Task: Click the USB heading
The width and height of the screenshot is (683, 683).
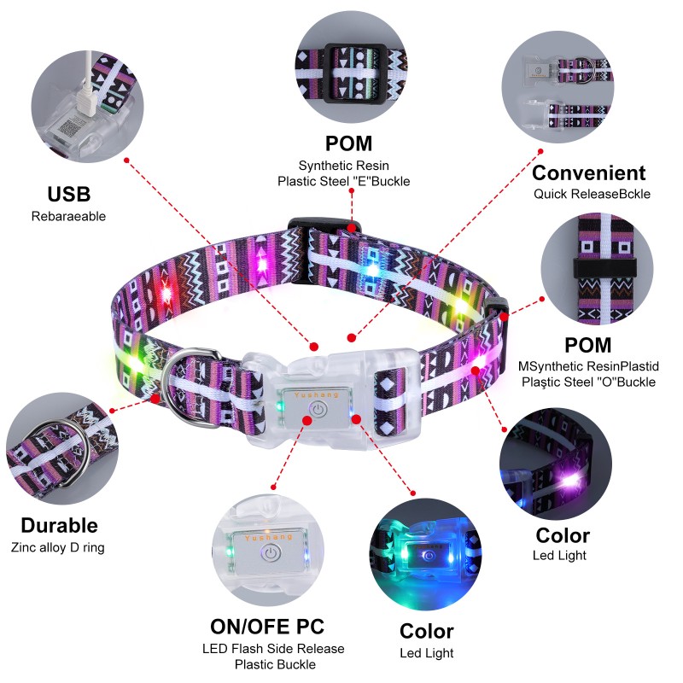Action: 68,193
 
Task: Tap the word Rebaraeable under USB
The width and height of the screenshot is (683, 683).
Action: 68,216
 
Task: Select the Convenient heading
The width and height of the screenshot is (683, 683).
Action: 588,172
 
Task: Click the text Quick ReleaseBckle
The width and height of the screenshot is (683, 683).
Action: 592,194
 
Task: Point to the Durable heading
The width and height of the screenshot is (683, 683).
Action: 59,525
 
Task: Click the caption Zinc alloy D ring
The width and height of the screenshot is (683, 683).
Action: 58,547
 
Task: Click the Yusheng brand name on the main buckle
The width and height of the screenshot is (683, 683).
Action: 317,395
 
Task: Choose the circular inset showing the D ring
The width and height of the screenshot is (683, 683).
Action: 56,444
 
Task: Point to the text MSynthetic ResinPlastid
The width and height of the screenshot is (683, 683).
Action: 588,366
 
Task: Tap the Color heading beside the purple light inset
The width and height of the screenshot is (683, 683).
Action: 562,535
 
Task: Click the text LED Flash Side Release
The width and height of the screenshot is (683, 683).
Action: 273,649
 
